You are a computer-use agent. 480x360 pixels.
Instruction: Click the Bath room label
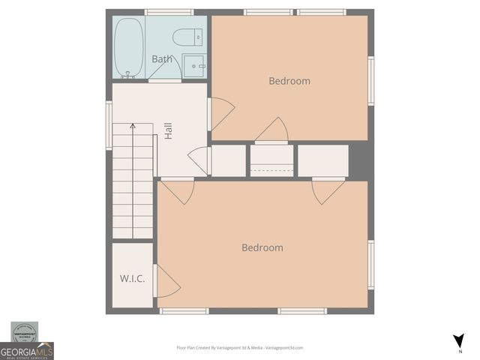click(162, 58)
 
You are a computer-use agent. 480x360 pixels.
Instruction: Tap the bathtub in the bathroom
click(129, 47)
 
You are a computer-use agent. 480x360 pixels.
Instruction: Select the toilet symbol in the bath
click(187, 37)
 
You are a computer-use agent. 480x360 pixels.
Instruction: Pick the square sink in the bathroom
click(194, 66)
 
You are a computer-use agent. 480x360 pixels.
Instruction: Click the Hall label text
click(169, 131)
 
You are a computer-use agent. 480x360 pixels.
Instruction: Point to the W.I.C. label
click(132, 278)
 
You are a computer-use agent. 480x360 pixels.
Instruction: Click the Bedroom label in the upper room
click(289, 81)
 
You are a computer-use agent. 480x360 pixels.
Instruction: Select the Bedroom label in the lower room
click(262, 247)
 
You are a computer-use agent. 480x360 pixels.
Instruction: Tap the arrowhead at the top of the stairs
click(133, 126)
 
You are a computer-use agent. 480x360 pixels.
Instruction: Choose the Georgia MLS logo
click(27, 351)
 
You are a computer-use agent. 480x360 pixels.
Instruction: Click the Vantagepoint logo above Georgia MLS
click(27, 331)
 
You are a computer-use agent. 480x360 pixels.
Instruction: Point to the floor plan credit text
click(239, 348)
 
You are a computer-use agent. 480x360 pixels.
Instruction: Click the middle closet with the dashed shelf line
click(271, 160)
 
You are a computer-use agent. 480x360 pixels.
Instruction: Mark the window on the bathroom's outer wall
click(169, 12)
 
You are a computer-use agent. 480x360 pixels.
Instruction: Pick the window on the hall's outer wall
click(109, 124)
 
